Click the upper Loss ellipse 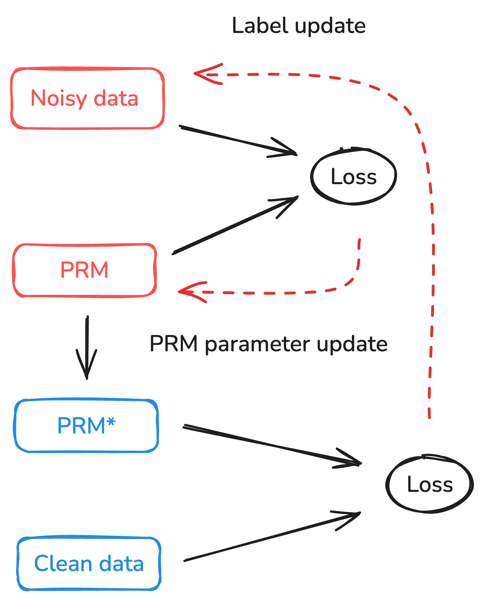tap(353, 177)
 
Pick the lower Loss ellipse tap(430, 484)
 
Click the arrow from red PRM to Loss tap(235, 225)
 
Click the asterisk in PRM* tap(111, 421)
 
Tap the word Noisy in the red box tap(59, 99)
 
